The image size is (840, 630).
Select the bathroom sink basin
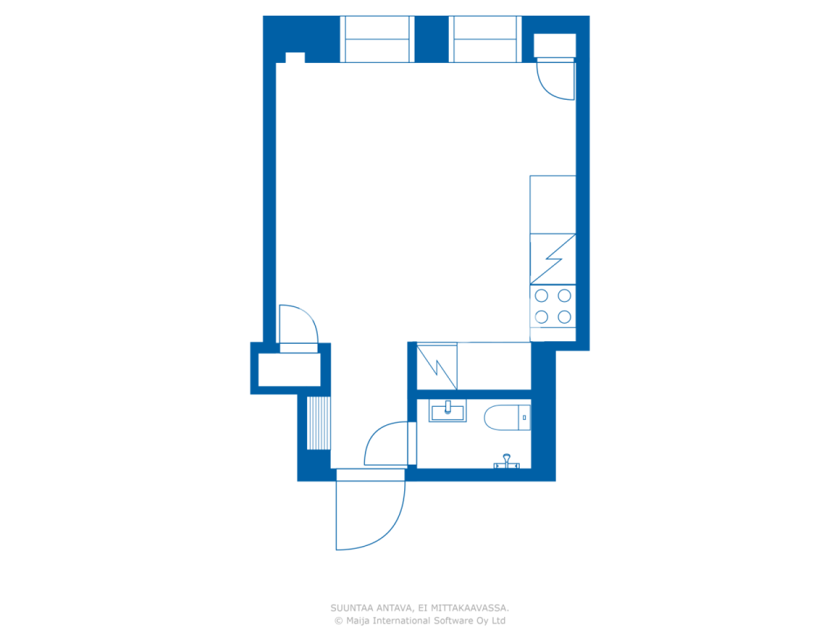[x=448, y=412]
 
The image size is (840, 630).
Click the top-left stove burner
[x=541, y=296]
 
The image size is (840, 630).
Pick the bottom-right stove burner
[x=564, y=318]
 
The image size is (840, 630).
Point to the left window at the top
[x=377, y=39]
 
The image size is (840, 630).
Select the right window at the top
[x=486, y=39]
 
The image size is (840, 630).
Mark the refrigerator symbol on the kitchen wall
[x=553, y=259]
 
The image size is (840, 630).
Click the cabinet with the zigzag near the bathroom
[x=437, y=366]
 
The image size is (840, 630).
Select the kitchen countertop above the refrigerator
[x=553, y=204]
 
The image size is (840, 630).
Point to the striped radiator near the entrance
[x=319, y=423]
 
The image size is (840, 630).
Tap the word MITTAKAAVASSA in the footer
[x=470, y=608]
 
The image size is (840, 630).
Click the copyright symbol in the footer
[x=339, y=621]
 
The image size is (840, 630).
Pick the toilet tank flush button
[x=524, y=417]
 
